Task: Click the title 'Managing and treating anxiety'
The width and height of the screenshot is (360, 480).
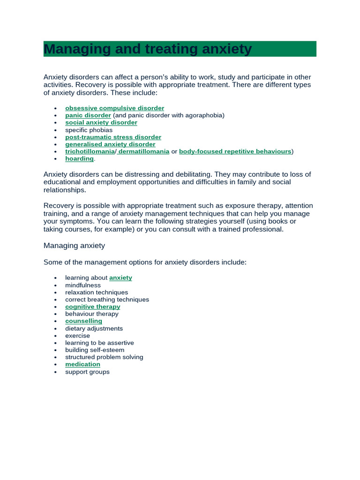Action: (x=148, y=49)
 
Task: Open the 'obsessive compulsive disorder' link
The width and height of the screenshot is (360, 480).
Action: (x=114, y=108)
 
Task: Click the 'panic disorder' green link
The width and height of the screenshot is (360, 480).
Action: (x=88, y=115)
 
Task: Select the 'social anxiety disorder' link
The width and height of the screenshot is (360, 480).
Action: (x=101, y=123)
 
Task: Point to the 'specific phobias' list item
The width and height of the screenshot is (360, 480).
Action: (x=89, y=130)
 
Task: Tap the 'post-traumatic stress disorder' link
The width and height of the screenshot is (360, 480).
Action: (x=113, y=137)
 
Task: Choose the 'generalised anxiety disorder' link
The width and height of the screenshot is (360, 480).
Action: (x=110, y=144)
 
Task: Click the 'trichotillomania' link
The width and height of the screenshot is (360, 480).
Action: (x=90, y=151)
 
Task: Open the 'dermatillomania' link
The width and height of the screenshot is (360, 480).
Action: (x=143, y=151)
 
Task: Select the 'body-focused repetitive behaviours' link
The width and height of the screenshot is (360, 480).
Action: (x=235, y=151)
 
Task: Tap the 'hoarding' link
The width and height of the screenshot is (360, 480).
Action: (x=79, y=159)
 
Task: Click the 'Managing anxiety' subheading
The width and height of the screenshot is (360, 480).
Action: (x=74, y=246)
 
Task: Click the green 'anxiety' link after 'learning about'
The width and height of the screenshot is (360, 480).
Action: (x=120, y=278)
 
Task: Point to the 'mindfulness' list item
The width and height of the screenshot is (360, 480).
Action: (x=83, y=285)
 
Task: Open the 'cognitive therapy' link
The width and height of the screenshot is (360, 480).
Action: (x=93, y=307)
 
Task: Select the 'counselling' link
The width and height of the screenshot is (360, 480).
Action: (x=83, y=321)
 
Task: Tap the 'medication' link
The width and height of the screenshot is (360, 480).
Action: (x=82, y=364)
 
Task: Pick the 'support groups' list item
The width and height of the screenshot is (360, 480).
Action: (x=87, y=372)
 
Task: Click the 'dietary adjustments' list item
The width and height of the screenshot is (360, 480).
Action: (x=94, y=329)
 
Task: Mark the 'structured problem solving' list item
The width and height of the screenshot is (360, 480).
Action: (x=104, y=357)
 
